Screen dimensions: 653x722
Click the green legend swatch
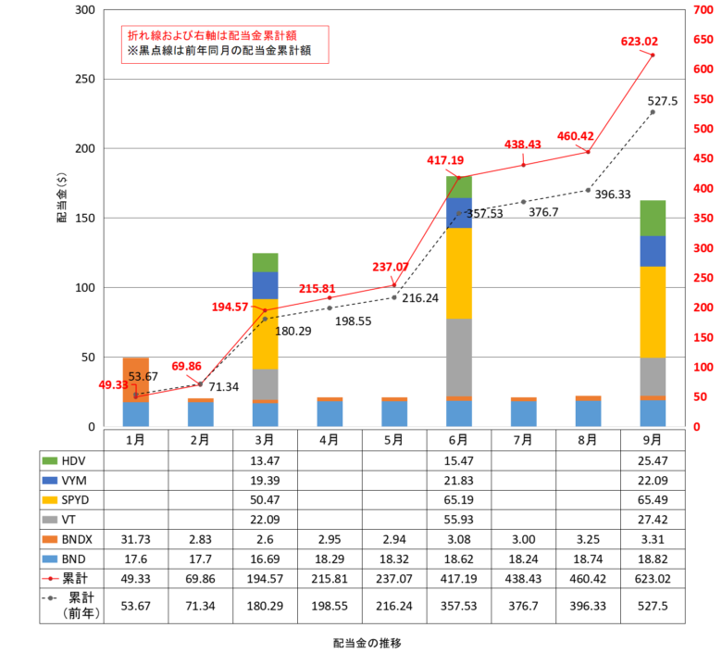49,461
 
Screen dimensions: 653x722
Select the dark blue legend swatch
49,480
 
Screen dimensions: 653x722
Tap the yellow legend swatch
49,500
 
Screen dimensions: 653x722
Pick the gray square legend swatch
49,520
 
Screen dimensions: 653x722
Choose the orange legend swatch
49,539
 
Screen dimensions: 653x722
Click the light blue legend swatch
49,559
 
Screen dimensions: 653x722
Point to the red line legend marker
50,578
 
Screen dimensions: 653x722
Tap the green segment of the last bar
653,218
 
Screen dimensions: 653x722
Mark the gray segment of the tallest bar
459,358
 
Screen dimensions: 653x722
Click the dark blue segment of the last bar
653,251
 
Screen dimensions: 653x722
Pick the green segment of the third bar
265,262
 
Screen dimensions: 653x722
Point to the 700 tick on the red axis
703,9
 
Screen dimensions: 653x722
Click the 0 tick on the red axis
696,427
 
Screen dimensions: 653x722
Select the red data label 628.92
639,42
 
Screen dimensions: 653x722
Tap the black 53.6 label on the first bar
140,377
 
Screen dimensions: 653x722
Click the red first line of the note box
212,35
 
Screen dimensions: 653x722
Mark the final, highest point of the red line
653,55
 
